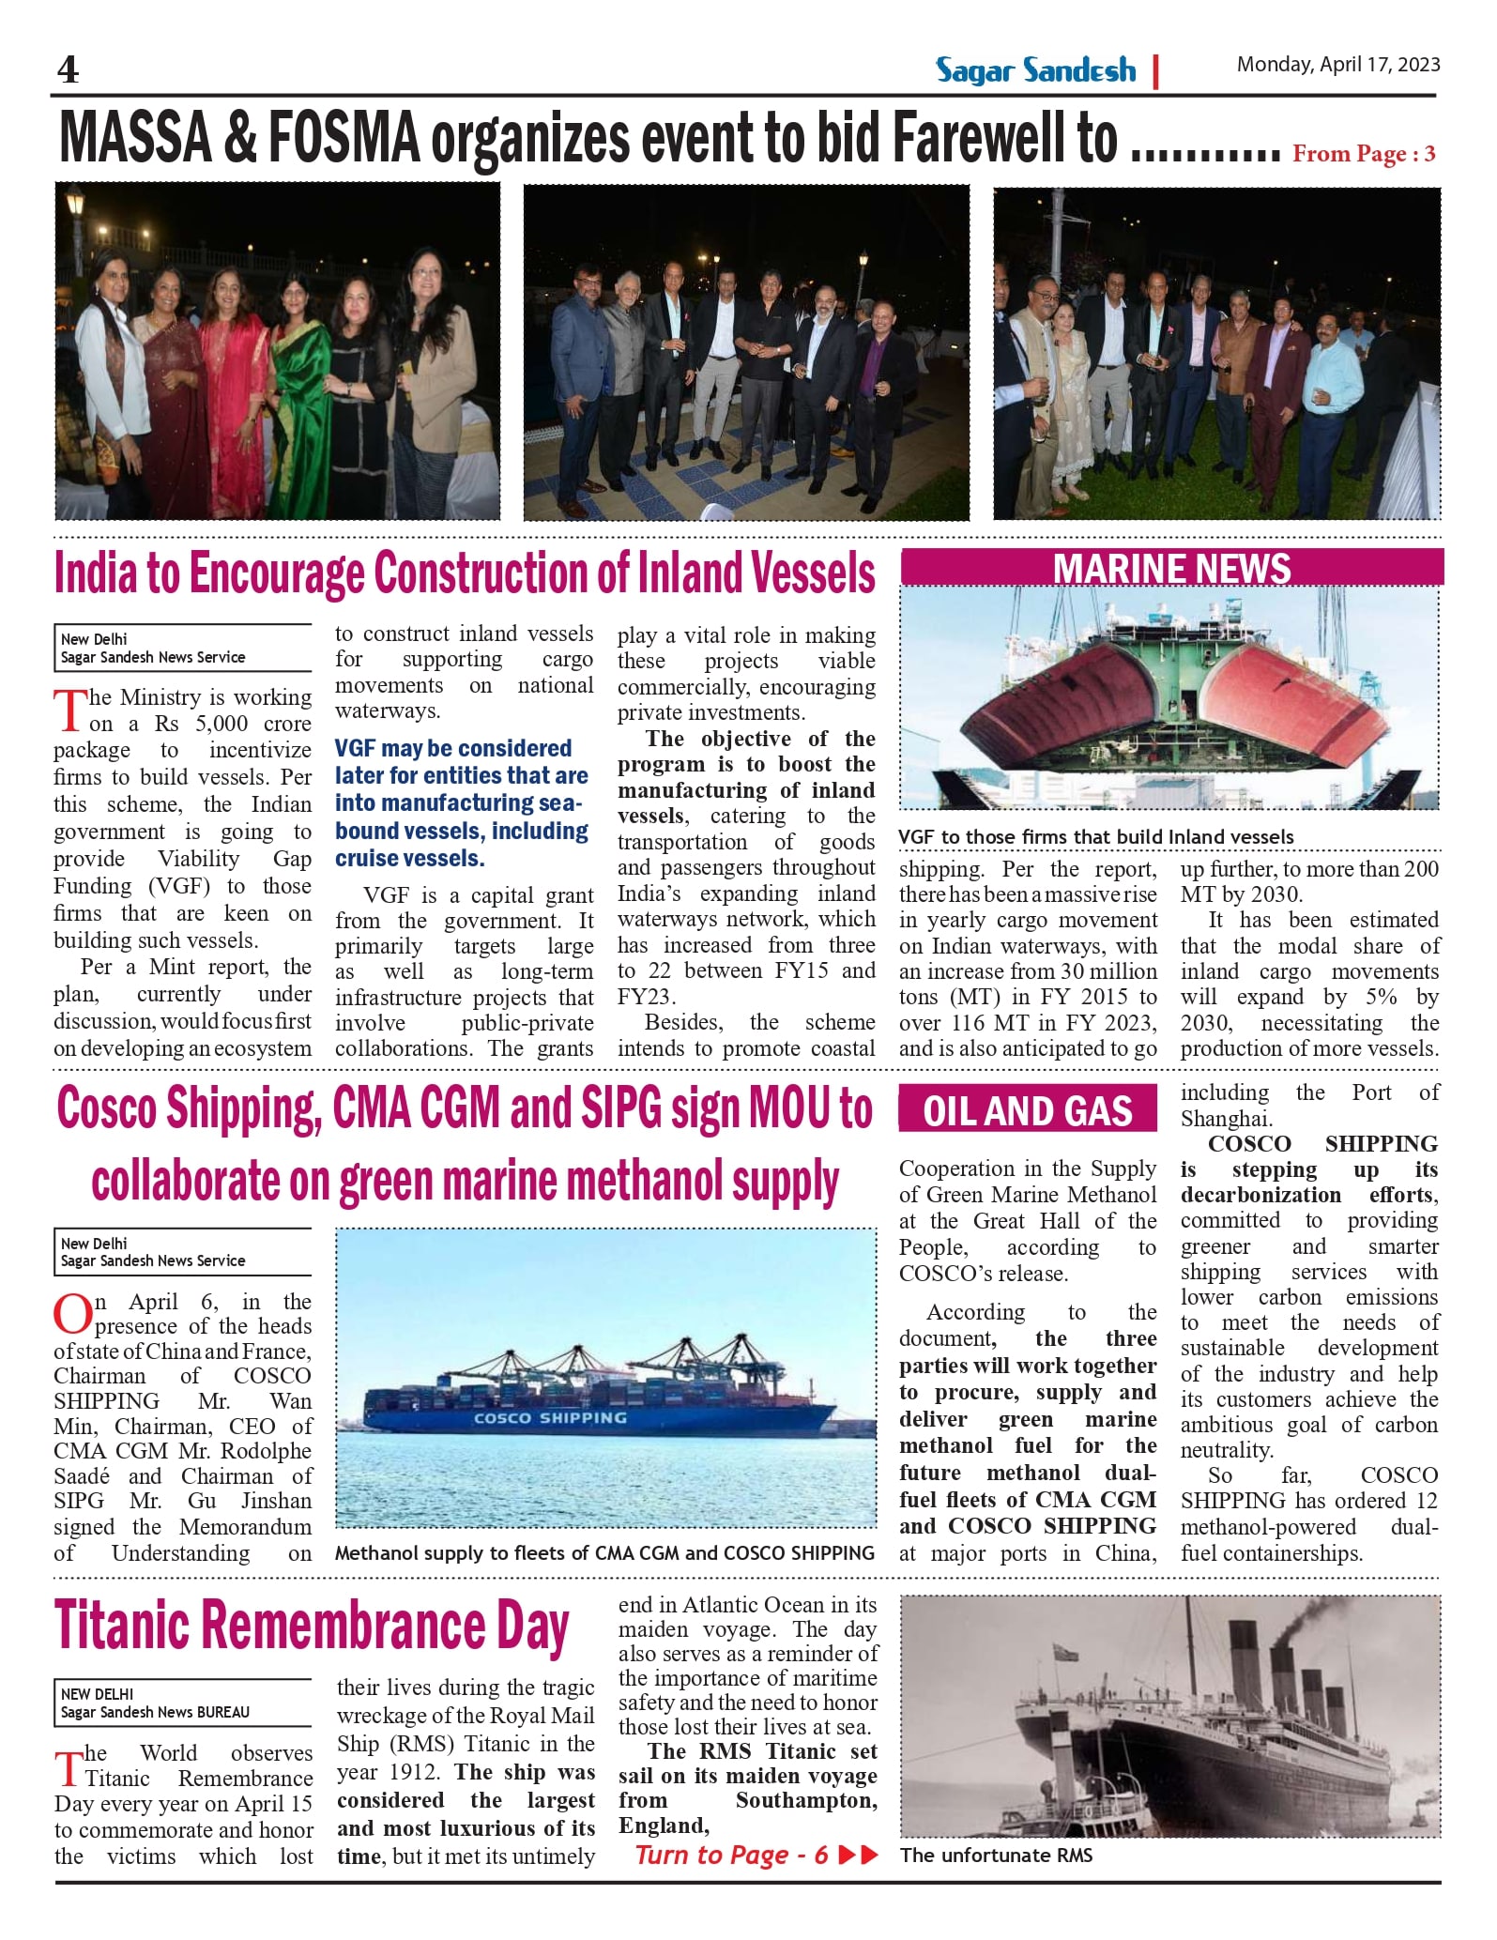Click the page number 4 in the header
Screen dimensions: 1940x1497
[x=68, y=70]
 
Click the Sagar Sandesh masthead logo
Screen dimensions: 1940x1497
[x=1035, y=70]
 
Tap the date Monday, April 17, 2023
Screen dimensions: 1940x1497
[x=1337, y=65]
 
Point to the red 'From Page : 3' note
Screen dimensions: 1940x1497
[x=1363, y=154]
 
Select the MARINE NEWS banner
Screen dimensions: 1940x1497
[x=1171, y=569]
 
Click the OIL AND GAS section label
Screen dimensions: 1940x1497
[x=1028, y=1111]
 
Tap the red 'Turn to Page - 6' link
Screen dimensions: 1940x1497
[x=732, y=1855]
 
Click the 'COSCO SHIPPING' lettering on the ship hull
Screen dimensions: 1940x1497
[x=549, y=1418]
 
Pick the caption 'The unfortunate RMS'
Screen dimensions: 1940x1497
[x=996, y=1856]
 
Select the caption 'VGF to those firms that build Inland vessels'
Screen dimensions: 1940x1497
[x=1095, y=837]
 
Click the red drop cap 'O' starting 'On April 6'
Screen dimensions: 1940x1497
[x=72, y=1314]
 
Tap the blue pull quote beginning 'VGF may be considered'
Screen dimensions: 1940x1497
[x=462, y=802]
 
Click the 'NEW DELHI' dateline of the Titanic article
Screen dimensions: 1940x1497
[x=97, y=1694]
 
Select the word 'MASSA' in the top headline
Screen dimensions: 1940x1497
[x=135, y=139]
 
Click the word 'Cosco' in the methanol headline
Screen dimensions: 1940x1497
[x=106, y=1109]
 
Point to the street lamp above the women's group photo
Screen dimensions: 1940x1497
[x=74, y=205]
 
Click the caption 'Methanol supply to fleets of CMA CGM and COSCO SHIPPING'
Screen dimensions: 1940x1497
[x=604, y=1553]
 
